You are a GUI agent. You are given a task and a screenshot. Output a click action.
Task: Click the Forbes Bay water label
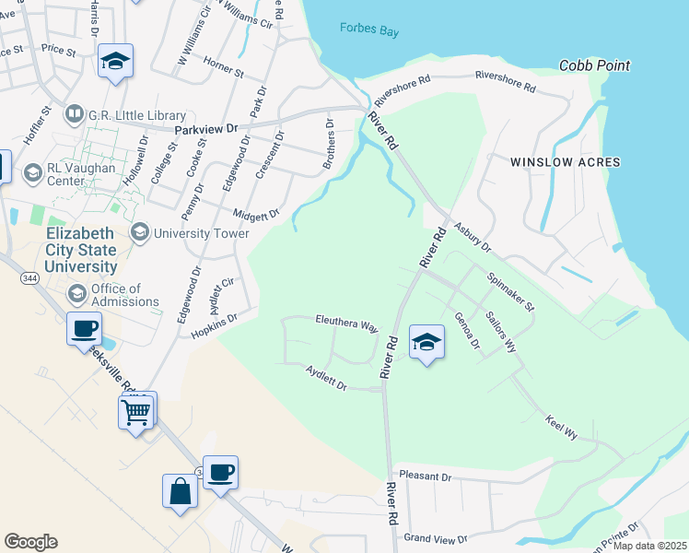368,30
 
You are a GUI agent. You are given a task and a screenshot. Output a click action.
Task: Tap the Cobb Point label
595,65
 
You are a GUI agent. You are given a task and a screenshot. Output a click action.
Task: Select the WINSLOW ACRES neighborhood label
566,162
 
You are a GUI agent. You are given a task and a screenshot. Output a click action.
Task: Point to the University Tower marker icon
140,232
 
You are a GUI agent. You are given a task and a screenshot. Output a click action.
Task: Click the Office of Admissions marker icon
77,294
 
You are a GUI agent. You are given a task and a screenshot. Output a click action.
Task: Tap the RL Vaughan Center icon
32,172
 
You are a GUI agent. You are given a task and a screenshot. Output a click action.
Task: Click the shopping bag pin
180,490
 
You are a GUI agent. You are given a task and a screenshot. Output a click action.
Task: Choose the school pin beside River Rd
426,343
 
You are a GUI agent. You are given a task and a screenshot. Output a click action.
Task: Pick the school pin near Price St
115,62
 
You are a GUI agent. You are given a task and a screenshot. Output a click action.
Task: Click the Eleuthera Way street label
347,325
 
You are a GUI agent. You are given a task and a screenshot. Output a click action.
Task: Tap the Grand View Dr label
436,537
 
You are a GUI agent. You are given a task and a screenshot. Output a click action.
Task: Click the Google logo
30,542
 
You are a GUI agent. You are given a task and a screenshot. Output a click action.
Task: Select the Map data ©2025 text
649,546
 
